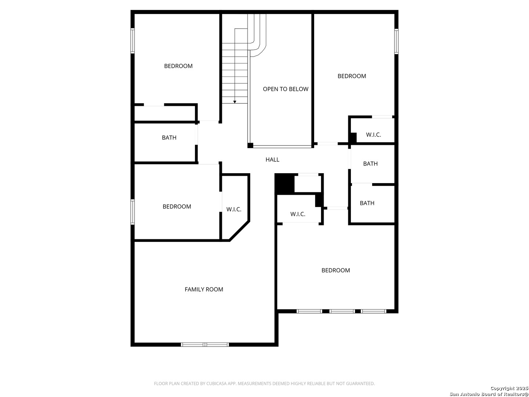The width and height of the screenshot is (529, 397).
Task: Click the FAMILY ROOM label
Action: [204, 289]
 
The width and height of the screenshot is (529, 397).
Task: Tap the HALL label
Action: [272, 160]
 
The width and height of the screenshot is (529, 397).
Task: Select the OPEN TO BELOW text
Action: [285, 89]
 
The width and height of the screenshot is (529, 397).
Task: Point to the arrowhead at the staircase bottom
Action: [234, 102]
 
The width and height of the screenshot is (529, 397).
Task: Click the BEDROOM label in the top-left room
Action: [178, 66]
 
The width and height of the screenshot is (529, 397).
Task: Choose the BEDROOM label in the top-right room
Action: [352, 76]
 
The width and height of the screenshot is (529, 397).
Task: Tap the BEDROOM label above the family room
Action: [177, 207]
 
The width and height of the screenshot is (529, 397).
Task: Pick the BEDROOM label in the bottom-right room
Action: [336, 271]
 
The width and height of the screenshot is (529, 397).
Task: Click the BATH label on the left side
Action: [169, 137]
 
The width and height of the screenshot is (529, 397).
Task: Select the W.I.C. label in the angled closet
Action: [234, 210]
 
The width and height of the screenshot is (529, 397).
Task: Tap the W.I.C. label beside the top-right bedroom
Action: [373, 135]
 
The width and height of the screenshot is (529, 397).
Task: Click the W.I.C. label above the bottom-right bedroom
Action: [298, 214]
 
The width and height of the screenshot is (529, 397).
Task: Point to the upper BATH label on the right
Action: [370, 164]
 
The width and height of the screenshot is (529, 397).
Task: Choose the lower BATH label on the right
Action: [367, 203]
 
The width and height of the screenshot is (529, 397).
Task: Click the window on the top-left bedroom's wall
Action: [133, 40]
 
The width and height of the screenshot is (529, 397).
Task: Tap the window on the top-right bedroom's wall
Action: [396, 41]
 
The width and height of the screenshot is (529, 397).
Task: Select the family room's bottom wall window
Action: [205, 344]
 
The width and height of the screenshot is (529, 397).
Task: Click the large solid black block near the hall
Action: [285, 184]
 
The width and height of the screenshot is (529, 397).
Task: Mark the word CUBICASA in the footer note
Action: [216, 383]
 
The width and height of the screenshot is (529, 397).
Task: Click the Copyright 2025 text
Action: [509, 388]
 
